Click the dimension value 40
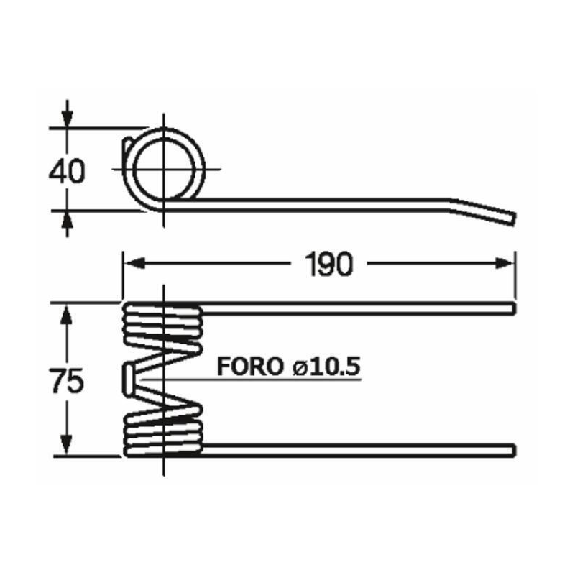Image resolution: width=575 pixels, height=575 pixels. click(x=67, y=172)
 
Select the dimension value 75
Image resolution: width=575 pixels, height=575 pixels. click(x=67, y=380)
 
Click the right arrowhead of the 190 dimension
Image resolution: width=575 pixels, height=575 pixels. click(x=507, y=264)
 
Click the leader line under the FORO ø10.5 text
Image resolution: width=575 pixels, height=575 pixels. click(x=287, y=379)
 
